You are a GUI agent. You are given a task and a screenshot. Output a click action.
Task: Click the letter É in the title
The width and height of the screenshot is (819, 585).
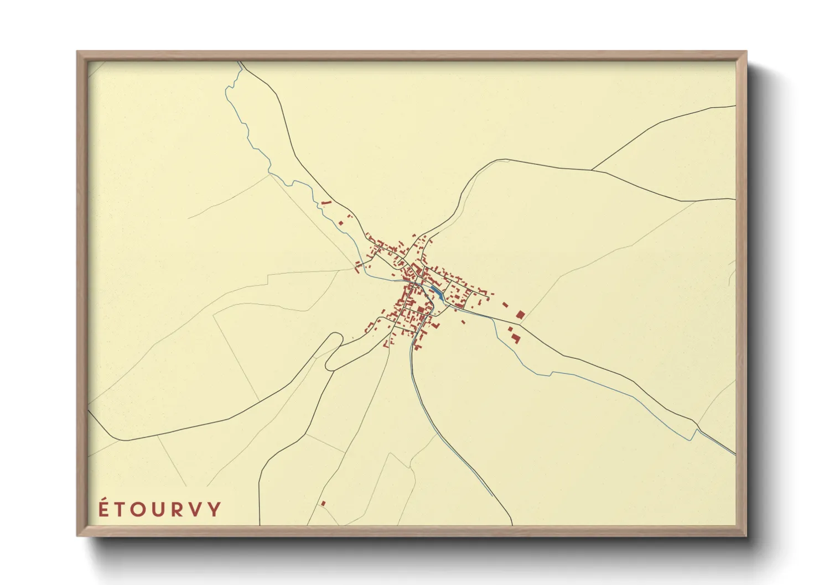point(103,509)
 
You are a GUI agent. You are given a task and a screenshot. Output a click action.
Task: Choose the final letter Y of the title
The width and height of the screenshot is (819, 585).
point(215,509)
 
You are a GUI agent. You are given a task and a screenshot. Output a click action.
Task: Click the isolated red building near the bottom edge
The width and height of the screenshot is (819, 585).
point(323,503)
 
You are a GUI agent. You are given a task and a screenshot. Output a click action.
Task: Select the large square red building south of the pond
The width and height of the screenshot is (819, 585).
point(421,309)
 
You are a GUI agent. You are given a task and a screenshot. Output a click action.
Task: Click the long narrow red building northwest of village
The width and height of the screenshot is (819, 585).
point(325,203)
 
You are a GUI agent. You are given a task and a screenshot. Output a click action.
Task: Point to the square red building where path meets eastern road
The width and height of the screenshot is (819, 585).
point(520,315)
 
